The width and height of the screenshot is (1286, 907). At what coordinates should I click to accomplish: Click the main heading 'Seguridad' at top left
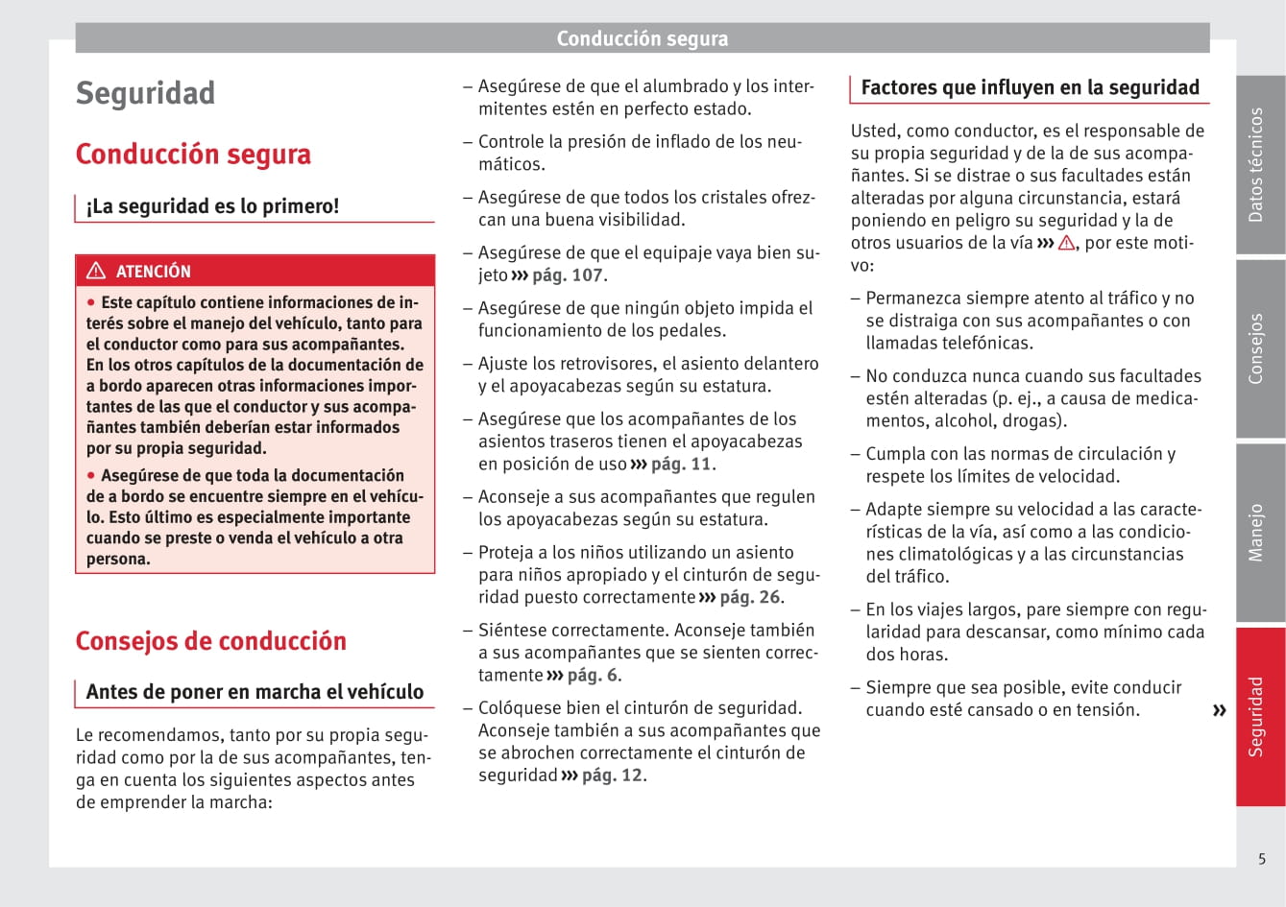[x=145, y=94]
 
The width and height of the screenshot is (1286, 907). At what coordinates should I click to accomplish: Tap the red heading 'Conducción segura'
[x=193, y=155]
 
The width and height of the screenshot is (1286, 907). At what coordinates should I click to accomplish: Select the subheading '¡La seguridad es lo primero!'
[x=212, y=206]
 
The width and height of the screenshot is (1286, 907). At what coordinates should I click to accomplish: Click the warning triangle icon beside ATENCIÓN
[x=96, y=271]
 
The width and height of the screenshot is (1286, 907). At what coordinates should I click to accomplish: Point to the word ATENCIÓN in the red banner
[x=154, y=272]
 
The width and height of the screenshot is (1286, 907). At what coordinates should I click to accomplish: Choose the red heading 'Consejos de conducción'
[x=210, y=641]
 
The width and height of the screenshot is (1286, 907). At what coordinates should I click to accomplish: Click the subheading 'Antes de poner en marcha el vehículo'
[x=255, y=692]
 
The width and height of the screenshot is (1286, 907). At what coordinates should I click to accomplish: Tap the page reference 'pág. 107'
[x=568, y=275]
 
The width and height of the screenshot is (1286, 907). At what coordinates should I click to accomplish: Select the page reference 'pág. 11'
[x=681, y=465]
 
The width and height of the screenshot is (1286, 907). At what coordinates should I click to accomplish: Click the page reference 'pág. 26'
[x=750, y=597]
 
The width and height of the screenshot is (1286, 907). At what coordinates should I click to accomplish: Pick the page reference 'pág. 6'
[x=593, y=676]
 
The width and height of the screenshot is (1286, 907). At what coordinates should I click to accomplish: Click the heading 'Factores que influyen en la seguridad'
[x=1030, y=88]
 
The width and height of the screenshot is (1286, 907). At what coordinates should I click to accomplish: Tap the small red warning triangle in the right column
[x=1066, y=244]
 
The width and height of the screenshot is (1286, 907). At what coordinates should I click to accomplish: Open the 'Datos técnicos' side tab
[x=1256, y=164]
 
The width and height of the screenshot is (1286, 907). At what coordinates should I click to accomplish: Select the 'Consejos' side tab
[x=1256, y=348]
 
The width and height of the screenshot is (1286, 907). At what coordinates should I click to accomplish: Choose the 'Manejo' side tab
[x=1256, y=533]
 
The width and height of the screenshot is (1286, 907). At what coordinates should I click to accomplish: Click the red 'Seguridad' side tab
[x=1256, y=716]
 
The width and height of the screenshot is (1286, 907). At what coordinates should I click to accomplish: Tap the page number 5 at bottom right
[x=1262, y=859]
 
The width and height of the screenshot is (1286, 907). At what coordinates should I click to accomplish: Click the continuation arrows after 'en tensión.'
[x=1219, y=711]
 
